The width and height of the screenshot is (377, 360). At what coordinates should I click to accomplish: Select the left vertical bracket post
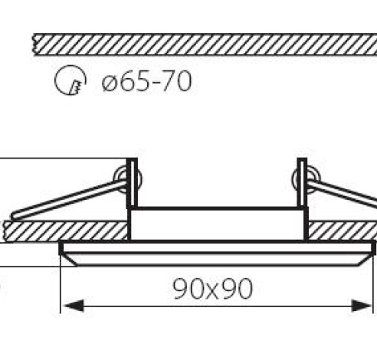(132, 184)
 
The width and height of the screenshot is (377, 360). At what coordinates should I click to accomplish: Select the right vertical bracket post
(303, 184)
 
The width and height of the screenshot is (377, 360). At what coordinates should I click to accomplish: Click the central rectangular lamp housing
(218, 224)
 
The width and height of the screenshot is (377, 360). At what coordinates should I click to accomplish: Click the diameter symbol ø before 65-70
(108, 81)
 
